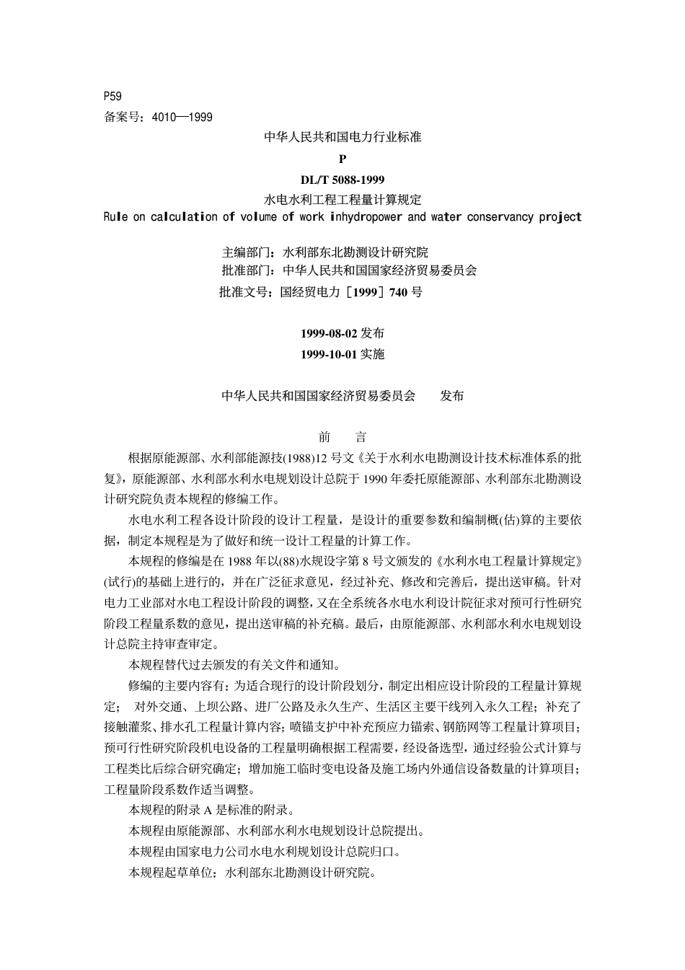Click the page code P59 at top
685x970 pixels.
tap(113, 96)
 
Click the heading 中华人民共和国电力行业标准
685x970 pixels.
tap(342, 137)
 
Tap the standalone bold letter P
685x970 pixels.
tap(342, 159)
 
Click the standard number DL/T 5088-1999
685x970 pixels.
tap(342, 180)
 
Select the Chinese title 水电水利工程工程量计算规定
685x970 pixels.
tap(342, 198)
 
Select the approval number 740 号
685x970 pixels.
tap(406, 292)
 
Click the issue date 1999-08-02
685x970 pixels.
tap(329, 333)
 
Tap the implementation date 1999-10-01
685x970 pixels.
tap(329, 354)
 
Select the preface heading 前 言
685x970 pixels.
tap(342, 438)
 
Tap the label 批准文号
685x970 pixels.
tap(243, 292)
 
